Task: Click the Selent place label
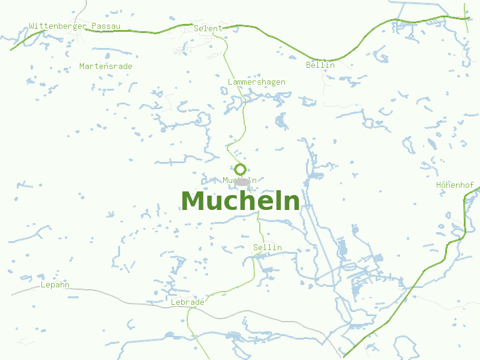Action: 208,28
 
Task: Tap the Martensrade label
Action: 106,66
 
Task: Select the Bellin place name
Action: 320,65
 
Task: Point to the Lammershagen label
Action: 256,82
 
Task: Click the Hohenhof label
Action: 455,185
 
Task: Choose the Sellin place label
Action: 267,247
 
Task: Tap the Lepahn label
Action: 55,284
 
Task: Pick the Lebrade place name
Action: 187,302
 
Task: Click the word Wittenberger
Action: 58,26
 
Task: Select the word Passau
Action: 107,26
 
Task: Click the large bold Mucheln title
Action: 240,202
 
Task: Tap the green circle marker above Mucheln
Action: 240,169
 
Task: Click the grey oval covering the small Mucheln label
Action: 242,181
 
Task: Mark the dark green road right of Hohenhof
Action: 466,216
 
